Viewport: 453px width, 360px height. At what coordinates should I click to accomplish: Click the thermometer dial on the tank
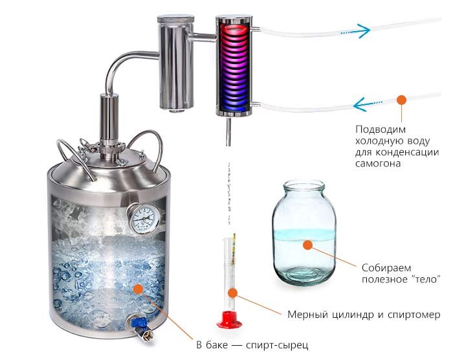click(x=144, y=218)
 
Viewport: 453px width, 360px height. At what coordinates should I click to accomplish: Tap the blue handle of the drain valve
click(x=139, y=322)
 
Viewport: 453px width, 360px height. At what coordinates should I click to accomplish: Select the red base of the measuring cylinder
click(x=229, y=319)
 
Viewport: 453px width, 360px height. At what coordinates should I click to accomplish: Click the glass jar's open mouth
click(x=304, y=185)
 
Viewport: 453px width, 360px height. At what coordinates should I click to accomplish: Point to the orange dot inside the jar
click(x=307, y=245)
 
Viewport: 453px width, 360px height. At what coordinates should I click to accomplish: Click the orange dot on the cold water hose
click(x=401, y=100)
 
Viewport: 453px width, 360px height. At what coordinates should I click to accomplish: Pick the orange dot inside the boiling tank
click(x=138, y=289)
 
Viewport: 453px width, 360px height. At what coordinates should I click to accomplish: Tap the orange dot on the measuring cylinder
click(x=232, y=293)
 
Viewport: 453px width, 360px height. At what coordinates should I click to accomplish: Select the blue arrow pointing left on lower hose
click(x=368, y=104)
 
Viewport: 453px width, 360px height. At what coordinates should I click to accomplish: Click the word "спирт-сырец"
click(x=278, y=345)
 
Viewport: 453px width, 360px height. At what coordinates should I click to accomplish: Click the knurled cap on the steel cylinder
click(x=175, y=19)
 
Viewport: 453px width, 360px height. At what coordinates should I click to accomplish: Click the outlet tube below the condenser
click(x=228, y=131)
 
